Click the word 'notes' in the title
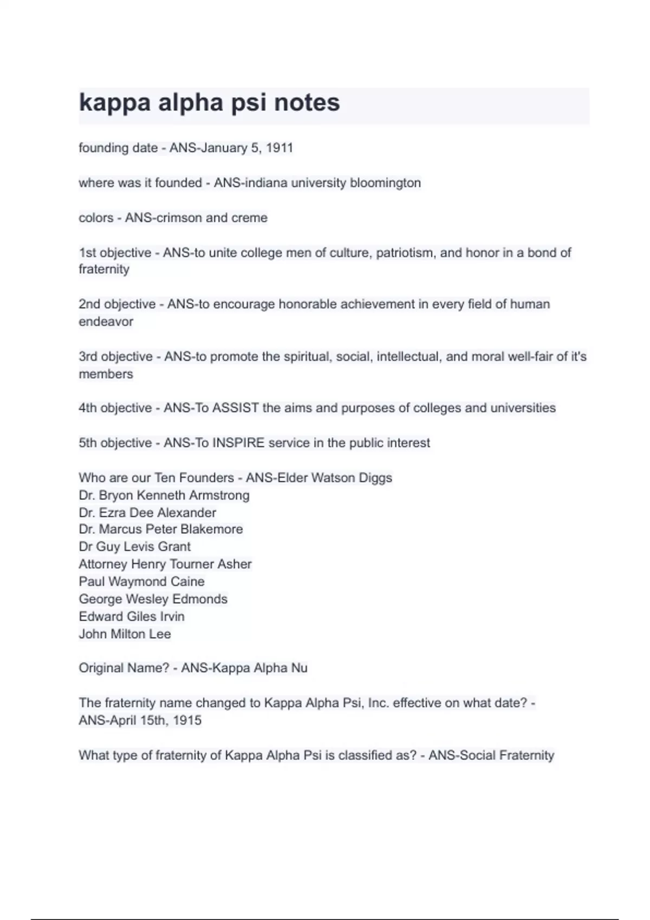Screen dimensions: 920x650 pos(307,103)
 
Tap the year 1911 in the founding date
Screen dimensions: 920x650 pos(279,148)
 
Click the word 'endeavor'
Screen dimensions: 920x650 pos(106,321)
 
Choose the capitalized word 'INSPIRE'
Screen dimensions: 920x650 pos(238,443)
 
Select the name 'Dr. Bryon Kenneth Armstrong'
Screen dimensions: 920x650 pos(164,495)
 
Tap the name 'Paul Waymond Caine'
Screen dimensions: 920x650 pos(141,581)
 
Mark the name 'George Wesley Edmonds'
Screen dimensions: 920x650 pos(153,599)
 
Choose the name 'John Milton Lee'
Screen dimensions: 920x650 pos(125,634)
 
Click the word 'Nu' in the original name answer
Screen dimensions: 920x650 pos(299,668)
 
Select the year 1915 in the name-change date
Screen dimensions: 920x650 pos(187,720)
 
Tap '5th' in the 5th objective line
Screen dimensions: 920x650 pos(87,443)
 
